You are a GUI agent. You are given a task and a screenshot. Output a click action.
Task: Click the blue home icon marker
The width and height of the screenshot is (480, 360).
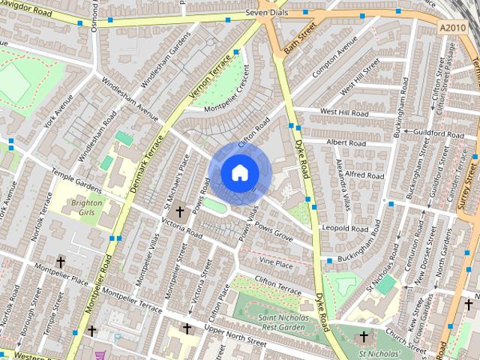coord(239,173)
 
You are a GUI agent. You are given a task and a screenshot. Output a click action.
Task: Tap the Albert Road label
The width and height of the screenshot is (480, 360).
coord(346,142)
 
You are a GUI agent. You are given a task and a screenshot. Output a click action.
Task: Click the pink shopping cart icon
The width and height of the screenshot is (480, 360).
coord(100,354)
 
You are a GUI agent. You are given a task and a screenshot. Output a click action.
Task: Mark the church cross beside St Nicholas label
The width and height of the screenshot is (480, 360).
coord(364,337)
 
